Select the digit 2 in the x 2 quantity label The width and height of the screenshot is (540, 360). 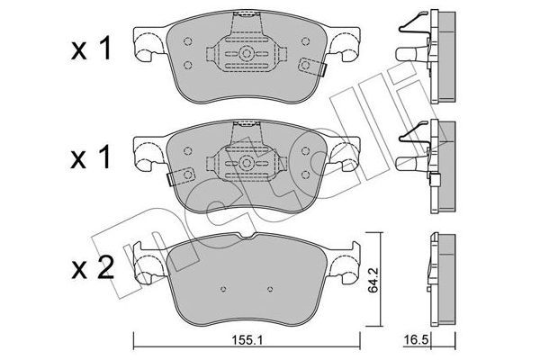pyautogui.click(x=104, y=269)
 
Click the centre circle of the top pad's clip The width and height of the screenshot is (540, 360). pyautogui.click(x=247, y=53)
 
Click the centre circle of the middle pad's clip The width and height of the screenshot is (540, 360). pyautogui.click(x=247, y=163)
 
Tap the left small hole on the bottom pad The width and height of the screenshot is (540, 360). pyautogui.click(x=223, y=289)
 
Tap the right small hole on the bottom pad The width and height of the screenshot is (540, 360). pyautogui.click(x=270, y=289)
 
